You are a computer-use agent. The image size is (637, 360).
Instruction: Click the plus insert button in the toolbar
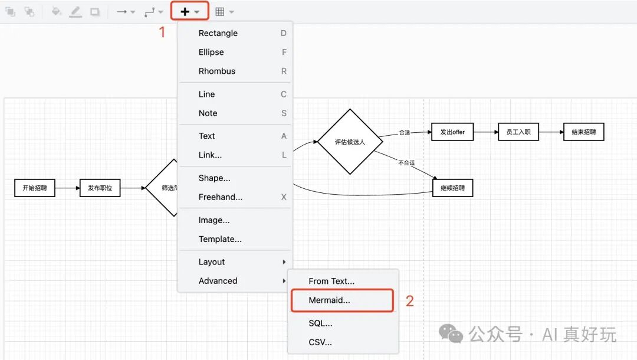pos(185,11)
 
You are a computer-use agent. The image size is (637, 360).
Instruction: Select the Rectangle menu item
pos(218,33)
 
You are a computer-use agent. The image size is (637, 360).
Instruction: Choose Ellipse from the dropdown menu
pos(211,52)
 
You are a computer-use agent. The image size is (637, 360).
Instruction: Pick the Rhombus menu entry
pos(217,71)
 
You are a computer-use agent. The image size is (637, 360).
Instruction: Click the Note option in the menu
pos(208,113)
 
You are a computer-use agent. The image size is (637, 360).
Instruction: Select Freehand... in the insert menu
pos(221,197)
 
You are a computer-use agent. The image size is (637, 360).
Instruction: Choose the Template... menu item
pos(220,239)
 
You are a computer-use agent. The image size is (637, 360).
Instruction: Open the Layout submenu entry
pos(212,262)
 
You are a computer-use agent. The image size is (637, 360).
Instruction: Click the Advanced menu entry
pos(218,281)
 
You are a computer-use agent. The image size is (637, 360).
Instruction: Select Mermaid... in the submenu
pos(329,300)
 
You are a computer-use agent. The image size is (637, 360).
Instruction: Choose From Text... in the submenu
pos(331,282)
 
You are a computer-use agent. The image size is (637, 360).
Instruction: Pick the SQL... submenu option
pos(320,323)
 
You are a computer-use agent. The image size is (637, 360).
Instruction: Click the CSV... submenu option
pos(320,342)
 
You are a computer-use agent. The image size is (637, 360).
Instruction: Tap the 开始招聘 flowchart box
pos(35,188)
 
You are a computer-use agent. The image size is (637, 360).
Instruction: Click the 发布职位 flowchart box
pos(100,188)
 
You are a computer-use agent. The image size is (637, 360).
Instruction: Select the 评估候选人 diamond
pos(350,142)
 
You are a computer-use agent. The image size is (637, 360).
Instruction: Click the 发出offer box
pos(452,132)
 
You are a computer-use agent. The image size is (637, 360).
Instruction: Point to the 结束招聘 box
pos(584,132)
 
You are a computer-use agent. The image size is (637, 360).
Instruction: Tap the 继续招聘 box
pos(452,188)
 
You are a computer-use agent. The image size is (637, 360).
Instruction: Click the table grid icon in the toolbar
pos(220,12)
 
